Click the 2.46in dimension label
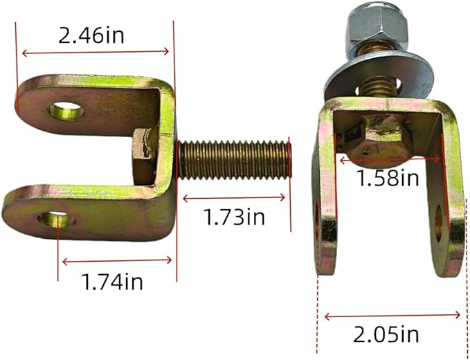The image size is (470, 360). coord(91,36)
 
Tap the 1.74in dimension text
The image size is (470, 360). coord(112,282)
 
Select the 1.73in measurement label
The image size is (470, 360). coord(234,217)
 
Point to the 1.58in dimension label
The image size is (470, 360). coord(388,178)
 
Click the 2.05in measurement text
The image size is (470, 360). coord(386,334)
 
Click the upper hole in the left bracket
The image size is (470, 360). coord(66,111)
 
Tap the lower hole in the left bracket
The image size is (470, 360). coord(57,220)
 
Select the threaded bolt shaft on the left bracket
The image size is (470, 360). coord(234,160)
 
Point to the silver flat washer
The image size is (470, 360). coord(379,75)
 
